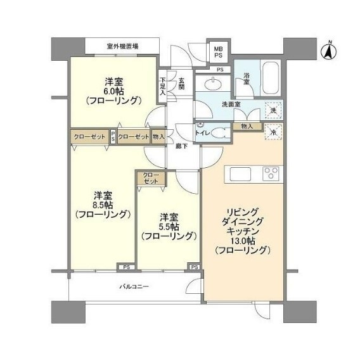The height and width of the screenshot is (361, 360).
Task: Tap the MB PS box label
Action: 218,52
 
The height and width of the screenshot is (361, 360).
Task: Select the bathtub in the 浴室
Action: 271,78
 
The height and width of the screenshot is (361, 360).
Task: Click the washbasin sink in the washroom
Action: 214,84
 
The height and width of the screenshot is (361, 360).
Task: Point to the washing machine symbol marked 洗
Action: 273,110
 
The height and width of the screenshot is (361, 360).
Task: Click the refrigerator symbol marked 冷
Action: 273,132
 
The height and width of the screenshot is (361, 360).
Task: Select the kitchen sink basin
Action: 240,174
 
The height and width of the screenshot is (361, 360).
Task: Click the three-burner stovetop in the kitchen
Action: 271,173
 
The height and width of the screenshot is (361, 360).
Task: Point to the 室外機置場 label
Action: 122,46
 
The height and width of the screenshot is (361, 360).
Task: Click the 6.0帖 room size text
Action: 114,91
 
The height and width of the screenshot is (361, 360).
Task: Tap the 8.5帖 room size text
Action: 103,205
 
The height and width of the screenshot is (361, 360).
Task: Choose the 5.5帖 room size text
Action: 169,227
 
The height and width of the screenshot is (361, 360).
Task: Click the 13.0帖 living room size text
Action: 243,241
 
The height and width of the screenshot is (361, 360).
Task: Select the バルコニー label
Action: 134,287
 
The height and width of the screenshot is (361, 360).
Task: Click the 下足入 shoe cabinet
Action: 163,86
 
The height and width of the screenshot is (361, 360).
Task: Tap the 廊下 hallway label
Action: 182,146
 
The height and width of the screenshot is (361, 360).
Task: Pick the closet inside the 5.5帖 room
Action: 151,178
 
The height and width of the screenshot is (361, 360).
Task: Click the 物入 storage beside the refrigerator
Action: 247,127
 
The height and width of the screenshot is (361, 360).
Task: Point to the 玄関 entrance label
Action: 182,84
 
